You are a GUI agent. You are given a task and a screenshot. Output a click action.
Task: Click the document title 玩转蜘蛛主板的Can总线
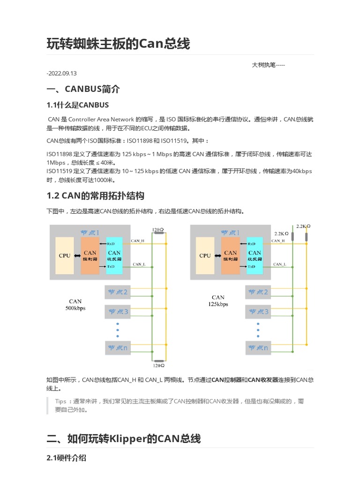coord(119,44)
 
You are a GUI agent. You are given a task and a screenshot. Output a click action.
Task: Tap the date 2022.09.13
coord(62,73)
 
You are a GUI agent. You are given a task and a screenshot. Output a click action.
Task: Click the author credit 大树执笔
coord(268,65)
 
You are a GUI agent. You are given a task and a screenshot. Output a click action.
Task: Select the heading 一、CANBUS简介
coord(83,89)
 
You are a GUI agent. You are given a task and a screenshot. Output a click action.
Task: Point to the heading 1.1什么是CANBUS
coord(78,105)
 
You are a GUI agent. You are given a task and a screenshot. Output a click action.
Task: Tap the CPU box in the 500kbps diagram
coord(64,255)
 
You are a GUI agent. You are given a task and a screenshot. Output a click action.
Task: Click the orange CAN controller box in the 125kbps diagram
coord(231,255)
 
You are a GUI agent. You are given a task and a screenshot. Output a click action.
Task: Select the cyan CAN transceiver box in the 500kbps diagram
coord(114,255)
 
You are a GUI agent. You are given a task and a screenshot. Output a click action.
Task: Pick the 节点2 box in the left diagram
coord(118,292)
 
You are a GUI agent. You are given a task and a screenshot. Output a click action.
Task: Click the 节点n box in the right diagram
coord(258,348)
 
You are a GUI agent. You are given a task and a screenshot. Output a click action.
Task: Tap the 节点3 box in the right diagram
coord(258,311)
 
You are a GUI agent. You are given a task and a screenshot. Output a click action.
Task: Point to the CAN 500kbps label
coord(75,305)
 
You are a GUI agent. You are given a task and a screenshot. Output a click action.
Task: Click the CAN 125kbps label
coord(218,300)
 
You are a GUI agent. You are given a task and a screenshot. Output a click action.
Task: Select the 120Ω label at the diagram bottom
coord(158,365)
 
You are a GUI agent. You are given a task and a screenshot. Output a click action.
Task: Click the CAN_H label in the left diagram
coord(138,240)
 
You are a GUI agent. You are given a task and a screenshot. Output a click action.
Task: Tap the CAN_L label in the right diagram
coord(280,264)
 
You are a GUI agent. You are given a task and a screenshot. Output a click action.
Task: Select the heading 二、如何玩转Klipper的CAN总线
coord(124,439)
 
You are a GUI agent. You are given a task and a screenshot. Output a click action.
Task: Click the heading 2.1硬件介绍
coord(66,458)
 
